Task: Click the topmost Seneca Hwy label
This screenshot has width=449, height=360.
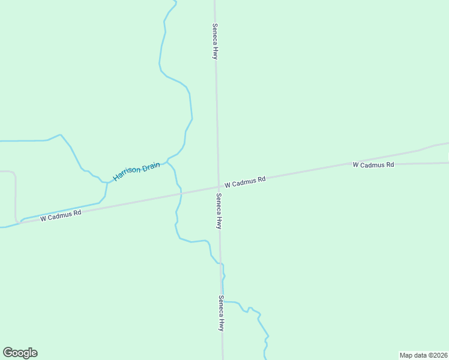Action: pos(214,41)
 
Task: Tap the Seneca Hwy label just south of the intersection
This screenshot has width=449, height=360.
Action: pos(219,211)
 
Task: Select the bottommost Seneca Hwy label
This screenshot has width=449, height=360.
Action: pos(221,314)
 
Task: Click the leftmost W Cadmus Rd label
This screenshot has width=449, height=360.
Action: pos(61,215)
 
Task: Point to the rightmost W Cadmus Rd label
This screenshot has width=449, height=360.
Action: pos(373,164)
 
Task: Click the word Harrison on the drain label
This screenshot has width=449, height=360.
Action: pos(127,173)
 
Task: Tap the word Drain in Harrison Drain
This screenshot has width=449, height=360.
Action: pos(151,166)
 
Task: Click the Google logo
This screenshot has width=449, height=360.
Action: pos(20,353)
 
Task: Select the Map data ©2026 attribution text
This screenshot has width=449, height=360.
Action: pos(423,355)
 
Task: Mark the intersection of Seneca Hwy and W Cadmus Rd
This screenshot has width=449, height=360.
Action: pos(218,186)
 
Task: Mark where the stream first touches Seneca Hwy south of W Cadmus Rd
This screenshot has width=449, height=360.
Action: pos(220,263)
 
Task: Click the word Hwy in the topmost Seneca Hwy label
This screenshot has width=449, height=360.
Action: pos(214,52)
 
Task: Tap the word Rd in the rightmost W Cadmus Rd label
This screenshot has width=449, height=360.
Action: pos(390,164)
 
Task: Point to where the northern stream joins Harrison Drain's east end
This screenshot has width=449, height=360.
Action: pos(167,160)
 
